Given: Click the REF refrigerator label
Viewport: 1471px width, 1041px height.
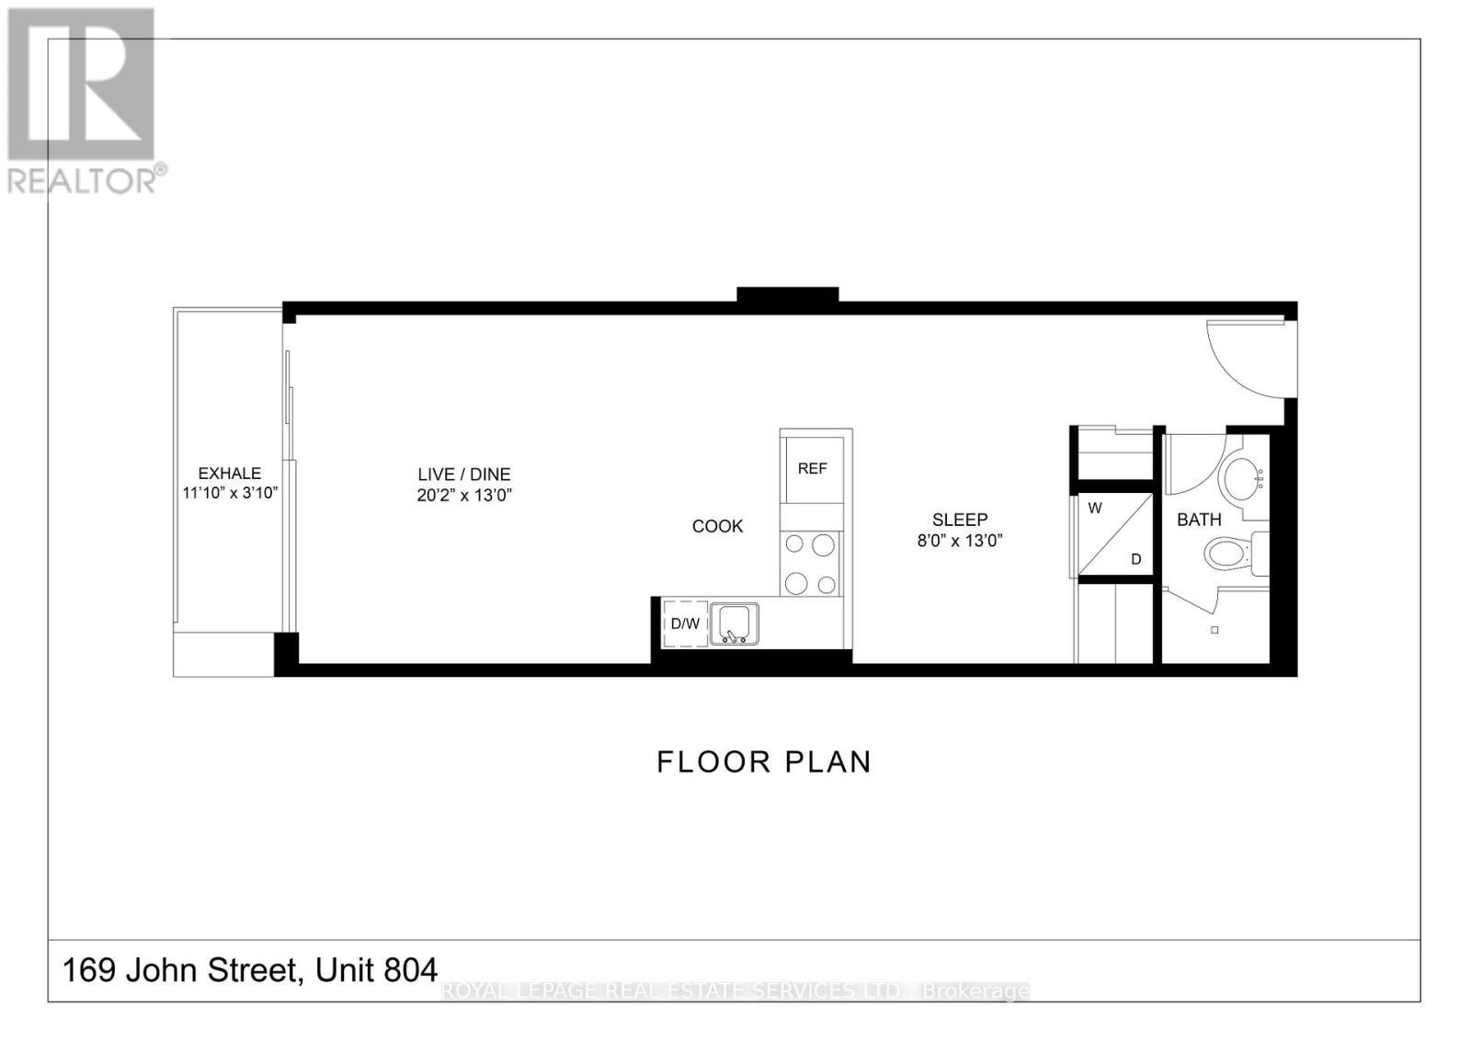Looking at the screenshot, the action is [x=812, y=468].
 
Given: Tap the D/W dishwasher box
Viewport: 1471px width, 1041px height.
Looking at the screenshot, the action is [x=684, y=623].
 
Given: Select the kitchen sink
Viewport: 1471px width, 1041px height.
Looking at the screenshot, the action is [x=735, y=623].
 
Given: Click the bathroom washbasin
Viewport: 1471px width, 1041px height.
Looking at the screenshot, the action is [x=1239, y=477].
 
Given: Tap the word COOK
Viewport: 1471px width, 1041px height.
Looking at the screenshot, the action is [x=717, y=526].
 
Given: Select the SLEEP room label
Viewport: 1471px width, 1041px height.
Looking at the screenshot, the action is [x=960, y=520].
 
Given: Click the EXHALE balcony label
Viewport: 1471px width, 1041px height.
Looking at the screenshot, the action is [x=229, y=473].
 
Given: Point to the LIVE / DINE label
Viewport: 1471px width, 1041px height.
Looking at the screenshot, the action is [x=463, y=475].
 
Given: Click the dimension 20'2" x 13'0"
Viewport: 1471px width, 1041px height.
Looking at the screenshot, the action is [x=463, y=495].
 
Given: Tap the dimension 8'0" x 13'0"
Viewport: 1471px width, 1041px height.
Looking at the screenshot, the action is [x=960, y=541].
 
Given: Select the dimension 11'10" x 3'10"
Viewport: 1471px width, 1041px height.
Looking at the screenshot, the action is [x=230, y=493].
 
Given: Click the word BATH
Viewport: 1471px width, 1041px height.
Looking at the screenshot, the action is [x=1199, y=520].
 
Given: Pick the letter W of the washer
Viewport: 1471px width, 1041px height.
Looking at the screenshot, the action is [x=1095, y=508].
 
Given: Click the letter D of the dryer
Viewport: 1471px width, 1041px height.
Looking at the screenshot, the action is [x=1135, y=559].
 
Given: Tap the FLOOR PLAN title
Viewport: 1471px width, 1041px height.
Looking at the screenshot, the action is [x=764, y=761].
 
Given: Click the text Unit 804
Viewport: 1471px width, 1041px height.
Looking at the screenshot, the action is [x=376, y=969].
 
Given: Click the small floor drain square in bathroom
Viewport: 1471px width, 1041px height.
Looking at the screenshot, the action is [x=1214, y=630].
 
